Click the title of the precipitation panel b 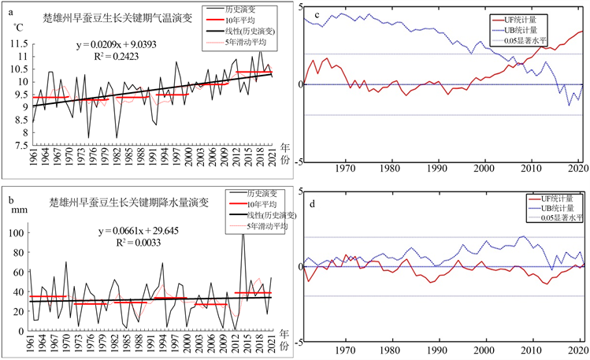coord(129,201)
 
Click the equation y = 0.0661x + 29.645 coord(135,232)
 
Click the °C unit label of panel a coord(17,28)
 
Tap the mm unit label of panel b coord(20,210)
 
